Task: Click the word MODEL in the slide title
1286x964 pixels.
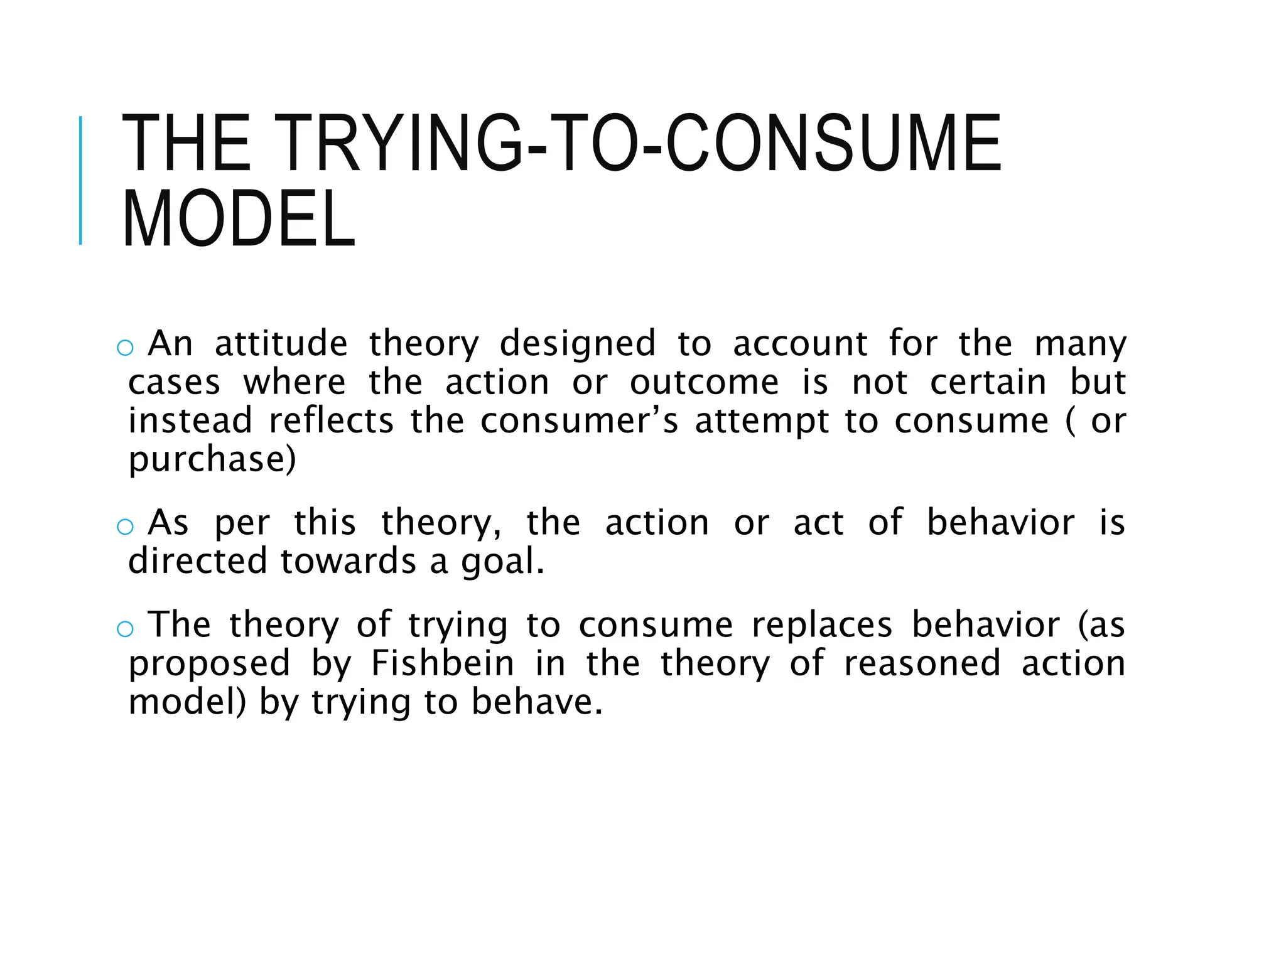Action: click(239, 219)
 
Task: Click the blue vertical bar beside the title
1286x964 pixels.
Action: click(80, 180)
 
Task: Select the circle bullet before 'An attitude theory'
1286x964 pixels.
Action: click(125, 348)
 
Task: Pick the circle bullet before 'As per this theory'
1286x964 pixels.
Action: click(125, 527)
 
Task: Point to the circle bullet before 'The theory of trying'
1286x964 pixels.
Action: click(125, 628)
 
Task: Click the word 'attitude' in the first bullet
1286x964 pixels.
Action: click(281, 344)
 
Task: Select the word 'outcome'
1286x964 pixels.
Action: click(704, 382)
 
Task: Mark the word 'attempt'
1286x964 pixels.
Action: click(762, 421)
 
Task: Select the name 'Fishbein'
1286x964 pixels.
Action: click(442, 663)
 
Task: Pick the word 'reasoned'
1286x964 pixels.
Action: click(922, 663)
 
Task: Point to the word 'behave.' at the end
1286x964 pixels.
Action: click(537, 702)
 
